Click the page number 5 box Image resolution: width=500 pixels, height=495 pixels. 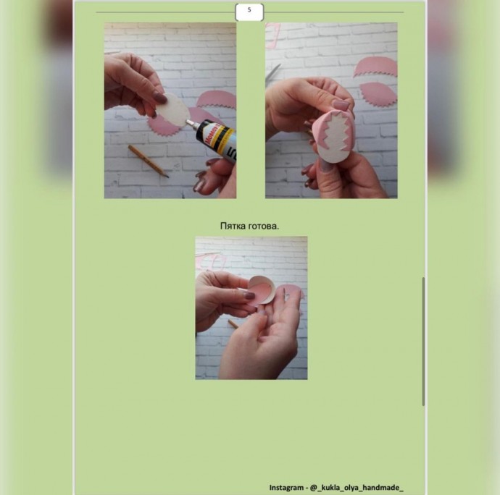pos(249,12)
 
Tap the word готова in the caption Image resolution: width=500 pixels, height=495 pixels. pos(262,227)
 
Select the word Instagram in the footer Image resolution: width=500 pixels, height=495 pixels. pos(286,488)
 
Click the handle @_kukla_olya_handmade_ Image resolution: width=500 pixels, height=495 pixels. pos(357,488)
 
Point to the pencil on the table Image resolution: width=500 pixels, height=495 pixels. pos(149,161)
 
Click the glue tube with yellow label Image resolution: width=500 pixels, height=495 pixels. pos(215,138)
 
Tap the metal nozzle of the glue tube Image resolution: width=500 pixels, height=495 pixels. pos(191,122)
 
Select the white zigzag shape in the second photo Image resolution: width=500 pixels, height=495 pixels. pos(336,140)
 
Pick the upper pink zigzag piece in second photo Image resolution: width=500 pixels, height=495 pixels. pos(375,67)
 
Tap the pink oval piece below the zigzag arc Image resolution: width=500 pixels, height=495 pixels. pos(378,93)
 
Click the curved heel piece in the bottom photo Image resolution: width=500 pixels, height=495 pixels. pos(262,290)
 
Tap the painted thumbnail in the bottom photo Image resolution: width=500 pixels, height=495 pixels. pos(249,295)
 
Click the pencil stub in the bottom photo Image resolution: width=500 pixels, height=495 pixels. pos(233,324)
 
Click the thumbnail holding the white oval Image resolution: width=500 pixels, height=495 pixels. pos(159,98)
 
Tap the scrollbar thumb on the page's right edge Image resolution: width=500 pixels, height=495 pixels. pos(423,342)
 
